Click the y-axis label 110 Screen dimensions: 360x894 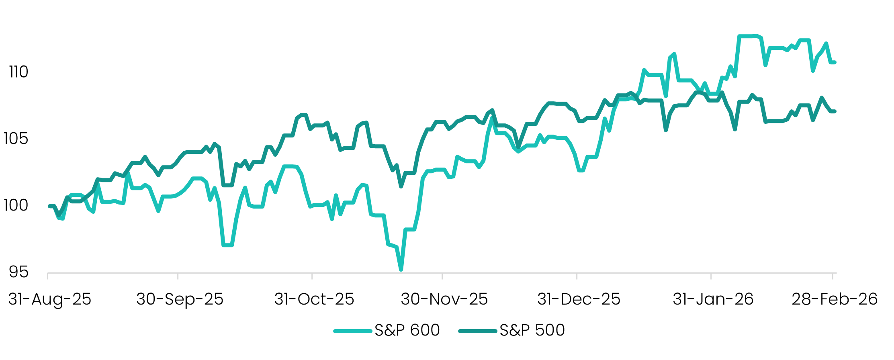point(18,72)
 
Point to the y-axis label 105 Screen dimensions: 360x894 point(16,139)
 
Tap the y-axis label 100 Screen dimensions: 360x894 point(16,205)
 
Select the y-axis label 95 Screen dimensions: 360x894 point(18,272)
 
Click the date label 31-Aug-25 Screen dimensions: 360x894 point(50,299)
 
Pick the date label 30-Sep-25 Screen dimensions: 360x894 point(180,299)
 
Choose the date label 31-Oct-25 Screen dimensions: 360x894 point(314,299)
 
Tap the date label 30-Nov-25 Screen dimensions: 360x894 point(444,299)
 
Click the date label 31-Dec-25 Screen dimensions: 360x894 point(579,299)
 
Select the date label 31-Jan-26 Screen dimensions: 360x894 point(713,299)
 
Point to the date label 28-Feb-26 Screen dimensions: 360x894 point(834,299)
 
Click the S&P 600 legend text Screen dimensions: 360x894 point(407,330)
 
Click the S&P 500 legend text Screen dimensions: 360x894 point(532,330)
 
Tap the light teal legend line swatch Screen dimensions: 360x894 point(353,331)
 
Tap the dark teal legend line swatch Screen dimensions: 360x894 point(478,331)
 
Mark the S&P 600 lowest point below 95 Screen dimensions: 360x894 point(401,269)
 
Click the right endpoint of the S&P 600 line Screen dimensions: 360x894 point(835,62)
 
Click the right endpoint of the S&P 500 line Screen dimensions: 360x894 point(835,111)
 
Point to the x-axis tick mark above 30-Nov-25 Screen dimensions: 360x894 point(442,276)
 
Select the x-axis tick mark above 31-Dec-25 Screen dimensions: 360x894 point(577,276)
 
